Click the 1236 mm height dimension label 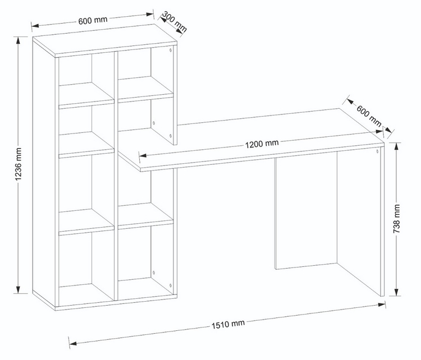[18, 164]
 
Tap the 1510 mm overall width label [228, 324]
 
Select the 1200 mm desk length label [262, 144]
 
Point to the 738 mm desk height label [396, 219]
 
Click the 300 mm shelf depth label [175, 22]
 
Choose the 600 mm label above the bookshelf [93, 20]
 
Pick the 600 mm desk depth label [369, 116]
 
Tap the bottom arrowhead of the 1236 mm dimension [18, 289]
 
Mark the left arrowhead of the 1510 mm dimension [74, 343]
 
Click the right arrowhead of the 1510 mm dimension [382, 304]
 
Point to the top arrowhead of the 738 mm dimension [396, 147]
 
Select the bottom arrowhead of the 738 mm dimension [396, 292]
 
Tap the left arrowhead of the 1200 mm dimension [143, 155]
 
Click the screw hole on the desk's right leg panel [377, 151]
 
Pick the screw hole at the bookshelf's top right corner [170, 50]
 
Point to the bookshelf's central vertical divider [116, 176]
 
